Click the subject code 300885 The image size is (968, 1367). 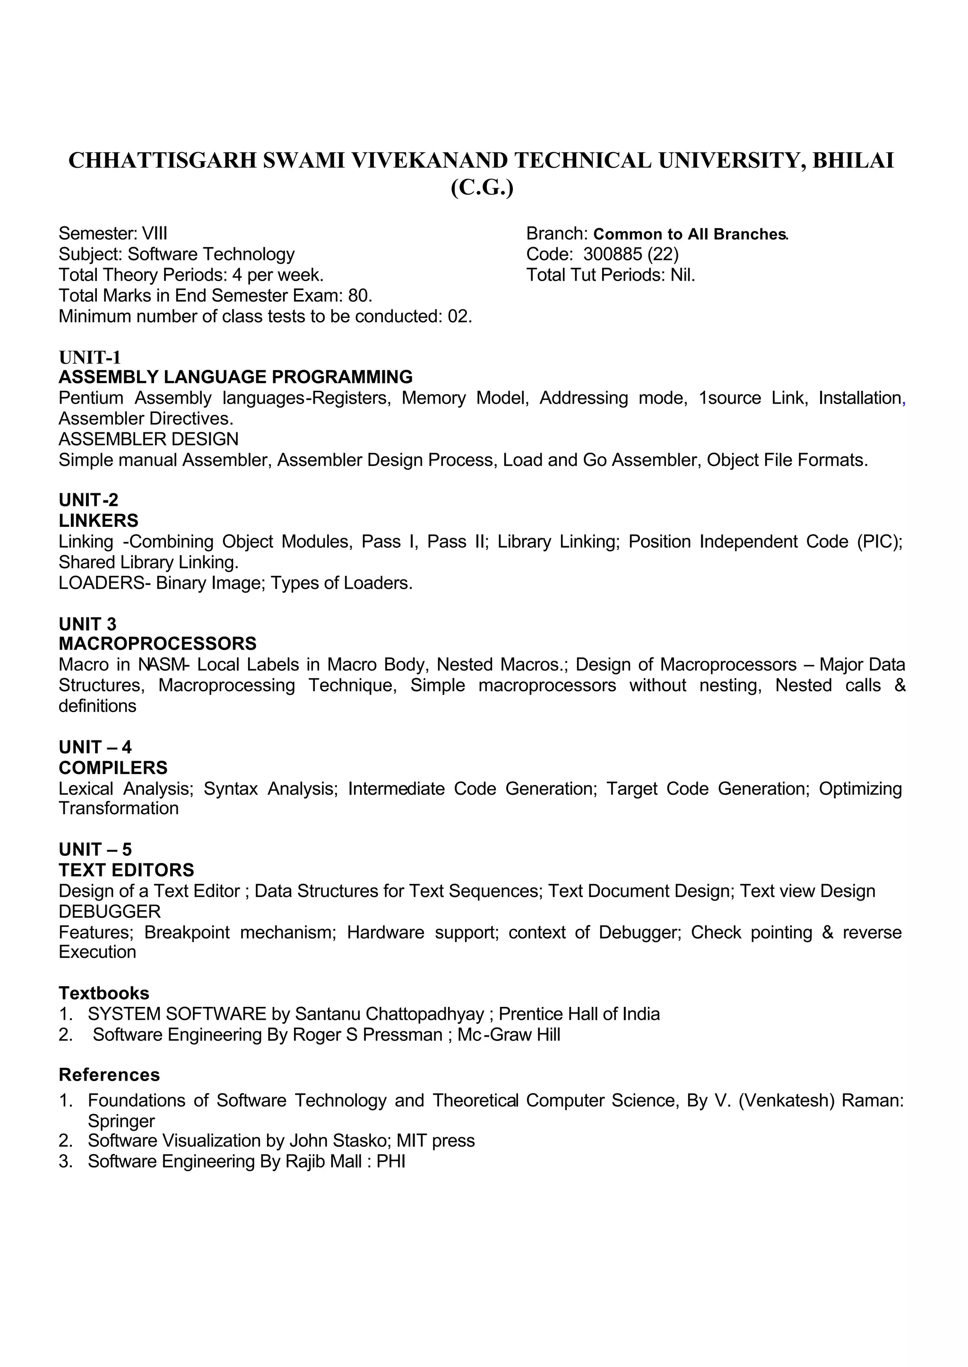(612, 254)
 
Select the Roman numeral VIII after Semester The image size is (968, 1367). (155, 233)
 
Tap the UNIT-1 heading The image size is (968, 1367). (89, 358)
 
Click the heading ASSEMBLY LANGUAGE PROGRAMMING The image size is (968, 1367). (235, 377)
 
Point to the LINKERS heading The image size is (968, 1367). (98, 521)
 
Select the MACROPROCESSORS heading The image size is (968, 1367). (157, 644)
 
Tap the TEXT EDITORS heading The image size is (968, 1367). (126, 870)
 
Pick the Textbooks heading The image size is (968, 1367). (104, 993)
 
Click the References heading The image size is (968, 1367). (109, 1075)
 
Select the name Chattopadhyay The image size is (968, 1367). (425, 1014)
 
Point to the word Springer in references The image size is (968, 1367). (121, 1121)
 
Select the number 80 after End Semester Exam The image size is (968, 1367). (359, 296)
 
